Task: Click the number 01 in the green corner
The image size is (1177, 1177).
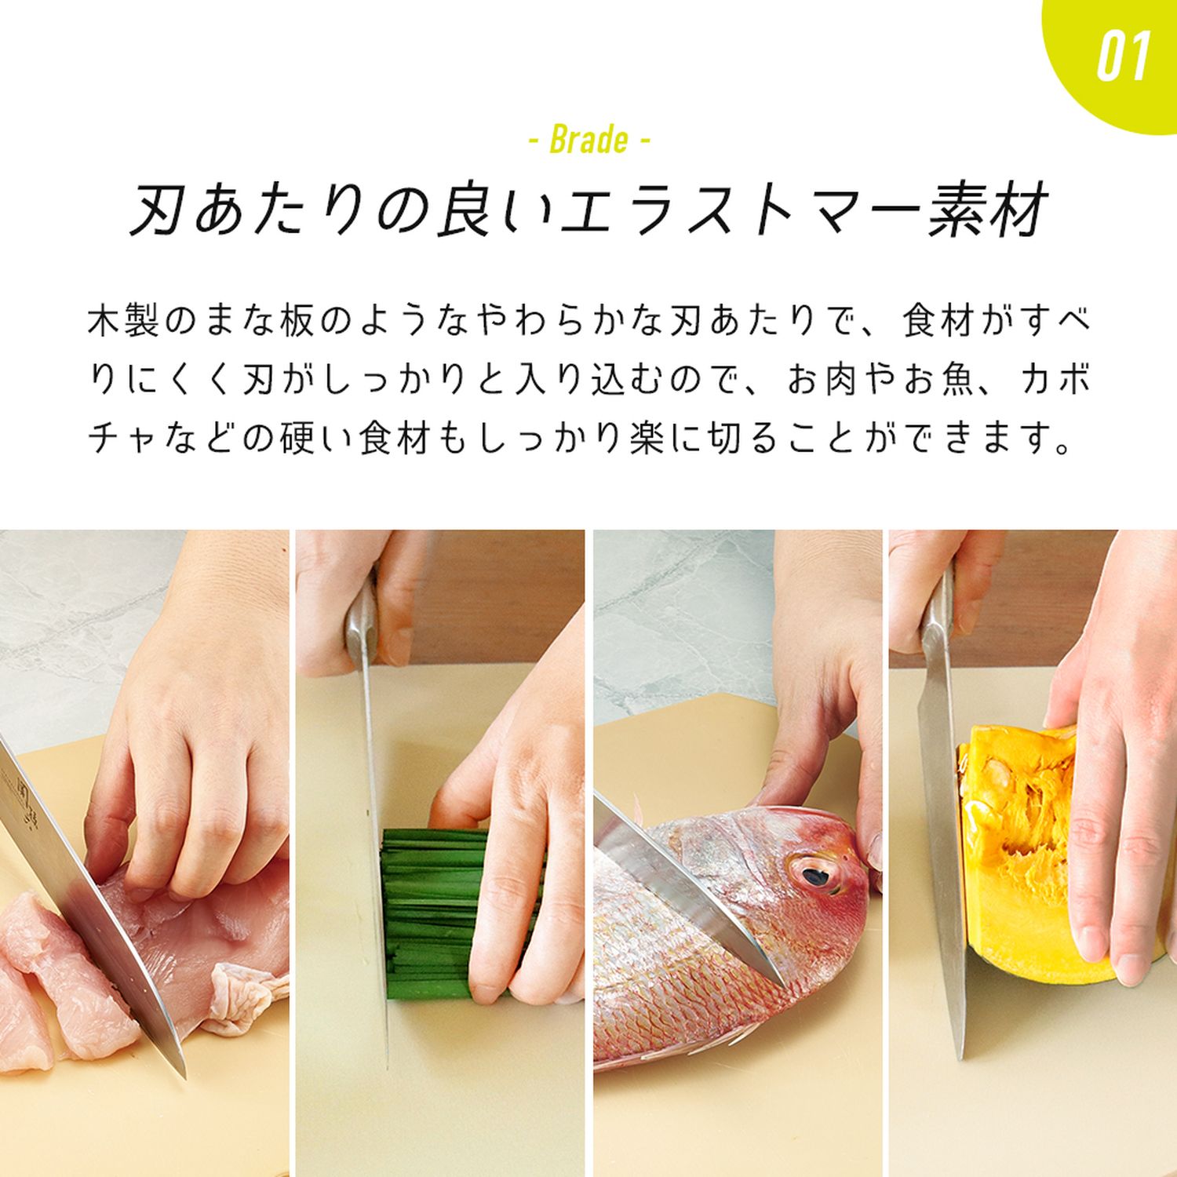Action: [x=1123, y=56]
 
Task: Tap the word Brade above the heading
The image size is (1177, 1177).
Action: [x=589, y=140]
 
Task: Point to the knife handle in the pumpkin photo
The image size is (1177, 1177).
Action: [x=939, y=620]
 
